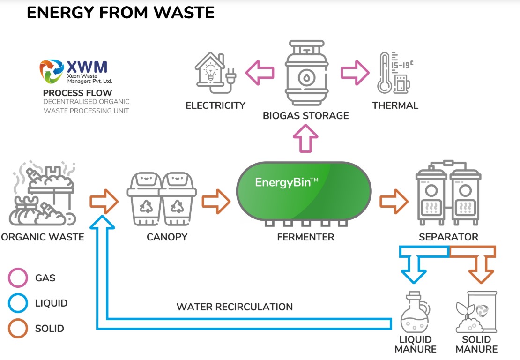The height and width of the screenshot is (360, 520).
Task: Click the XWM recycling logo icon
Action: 52,71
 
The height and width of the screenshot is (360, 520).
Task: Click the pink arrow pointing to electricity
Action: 260,73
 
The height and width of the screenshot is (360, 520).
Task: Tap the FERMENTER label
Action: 305,237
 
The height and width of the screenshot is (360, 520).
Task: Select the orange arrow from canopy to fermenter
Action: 216,201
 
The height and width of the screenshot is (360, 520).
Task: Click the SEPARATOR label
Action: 448,237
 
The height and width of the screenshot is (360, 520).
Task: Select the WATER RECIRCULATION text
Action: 234,307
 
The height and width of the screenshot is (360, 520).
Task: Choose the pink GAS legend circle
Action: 19,278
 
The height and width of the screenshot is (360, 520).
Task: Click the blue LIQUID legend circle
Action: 19,303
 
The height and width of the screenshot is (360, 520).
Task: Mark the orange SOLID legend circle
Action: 19,329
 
